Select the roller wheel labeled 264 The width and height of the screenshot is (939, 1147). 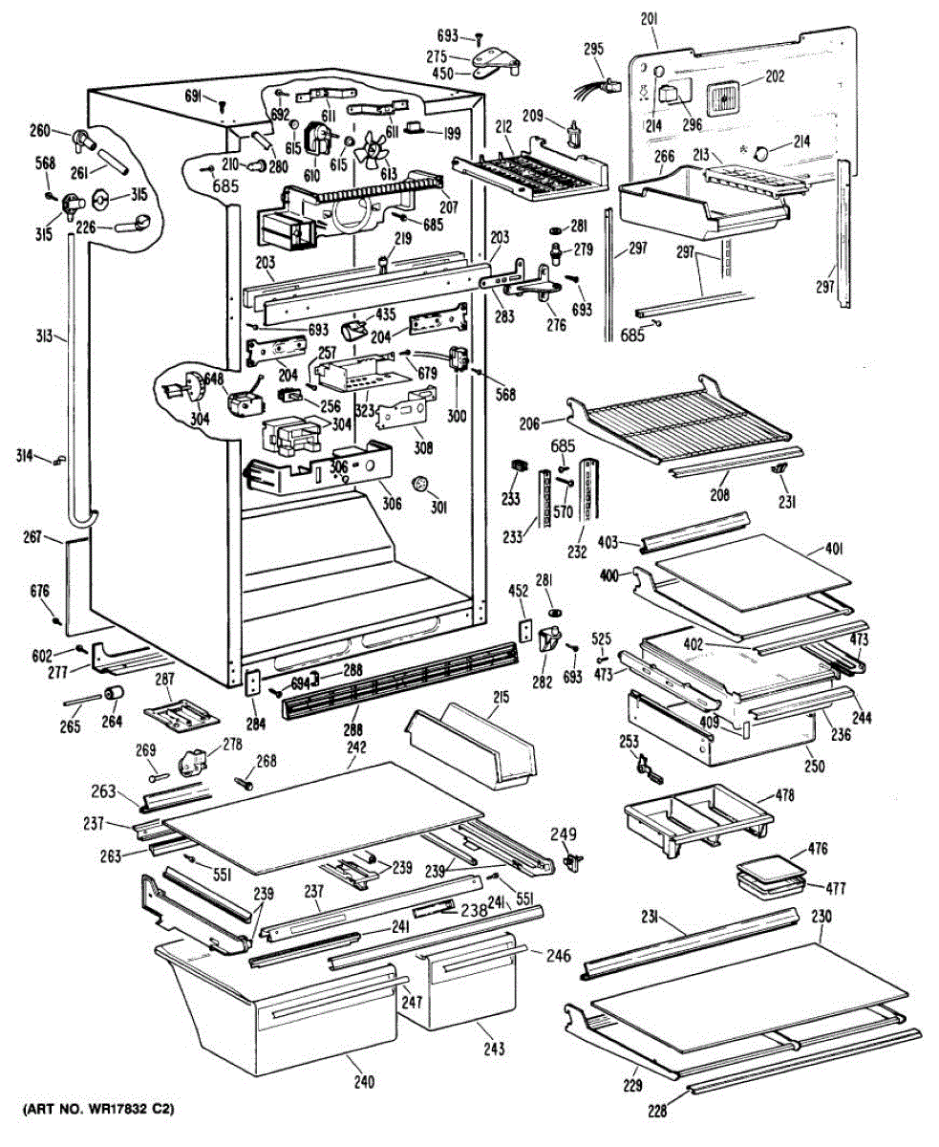pyautogui.click(x=115, y=693)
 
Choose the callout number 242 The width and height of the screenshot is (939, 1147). pyautogui.click(x=355, y=749)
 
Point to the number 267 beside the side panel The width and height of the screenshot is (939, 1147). pyautogui.click(x=32, y=538)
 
